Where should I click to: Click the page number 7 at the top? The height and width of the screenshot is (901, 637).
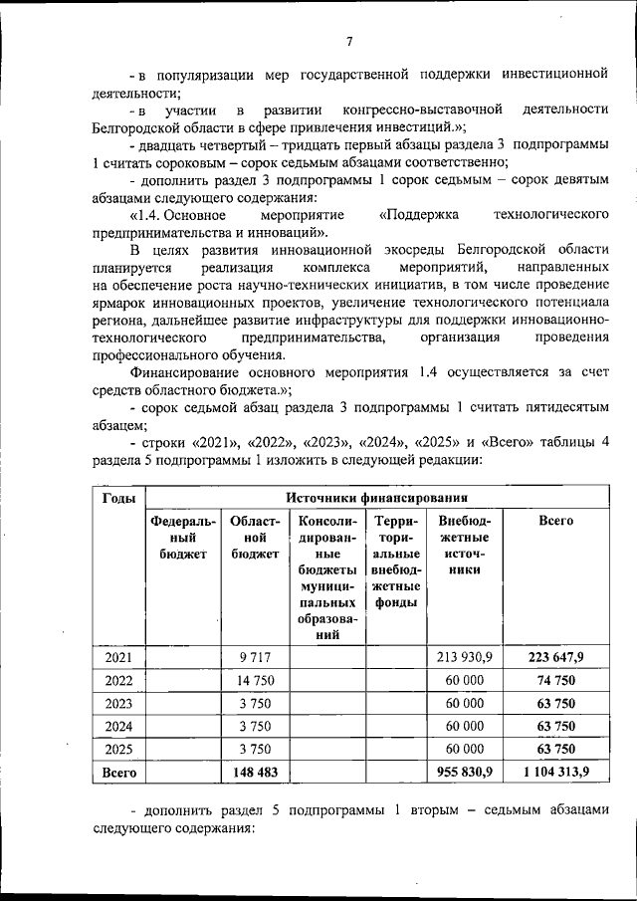click(x=349, y=42)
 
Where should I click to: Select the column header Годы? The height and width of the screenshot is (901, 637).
click(x=119, y=498)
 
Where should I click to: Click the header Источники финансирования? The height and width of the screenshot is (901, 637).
click(x=377, y=498)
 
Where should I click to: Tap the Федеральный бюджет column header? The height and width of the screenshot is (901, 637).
click(x=182, y=538)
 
